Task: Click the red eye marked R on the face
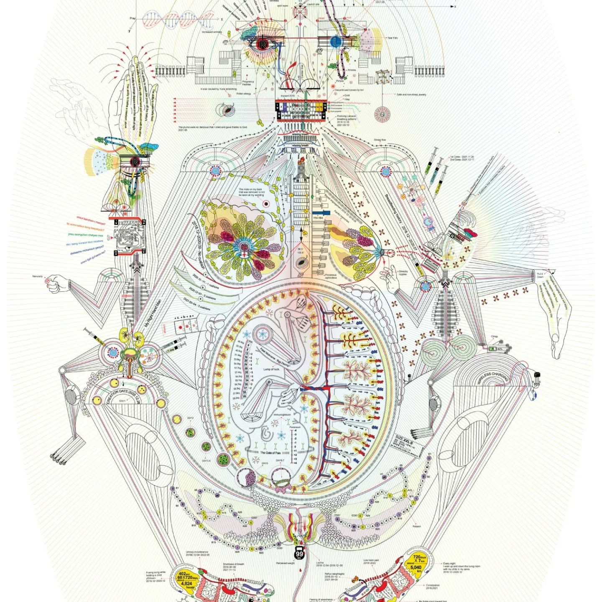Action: click(263, 44)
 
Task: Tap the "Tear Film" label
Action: click(392, 38)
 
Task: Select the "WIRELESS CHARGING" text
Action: click(493, 377)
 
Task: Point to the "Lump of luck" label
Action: click(271, 369)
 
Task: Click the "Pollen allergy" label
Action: click(244, 94)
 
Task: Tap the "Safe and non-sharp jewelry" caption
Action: click(411, 94)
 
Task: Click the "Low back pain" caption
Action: click(371, 561)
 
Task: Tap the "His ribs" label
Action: click(318, 217)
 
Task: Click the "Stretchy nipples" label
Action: click(403, 273)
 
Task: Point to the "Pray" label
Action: click(133, 18)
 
